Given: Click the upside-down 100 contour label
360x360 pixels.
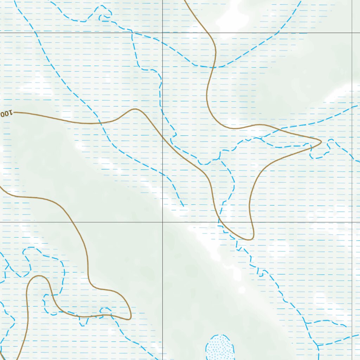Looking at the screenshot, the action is (7, 114).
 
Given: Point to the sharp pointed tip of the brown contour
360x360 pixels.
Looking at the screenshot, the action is (321, 141).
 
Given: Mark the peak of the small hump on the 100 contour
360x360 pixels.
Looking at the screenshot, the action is (135, 109).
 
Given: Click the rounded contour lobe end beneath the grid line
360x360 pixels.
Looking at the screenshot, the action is (249, 239).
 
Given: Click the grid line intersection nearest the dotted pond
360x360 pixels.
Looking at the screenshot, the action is (162, 222).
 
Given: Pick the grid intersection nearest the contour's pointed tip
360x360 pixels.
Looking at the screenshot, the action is (352, 222).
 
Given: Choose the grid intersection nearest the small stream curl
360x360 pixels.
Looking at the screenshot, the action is (162, 33).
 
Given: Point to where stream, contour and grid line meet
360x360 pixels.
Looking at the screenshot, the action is (219, 222).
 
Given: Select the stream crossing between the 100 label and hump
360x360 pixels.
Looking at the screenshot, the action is (100, 123).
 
